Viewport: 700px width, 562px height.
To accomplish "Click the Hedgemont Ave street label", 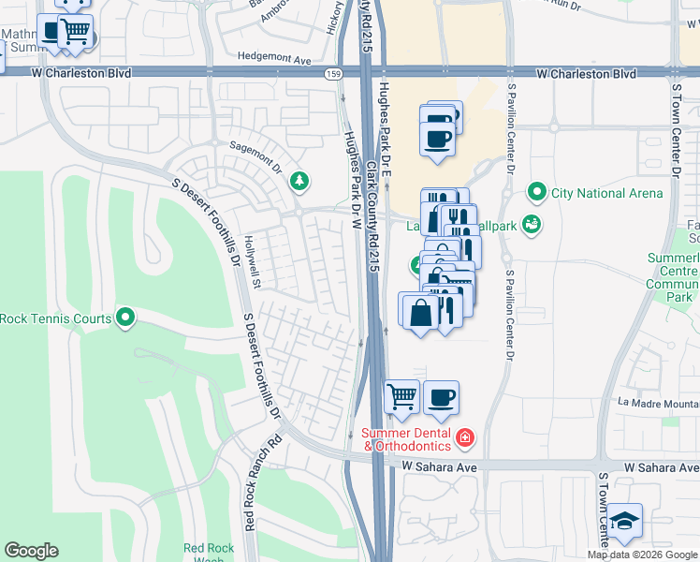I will click(x=274, y=59).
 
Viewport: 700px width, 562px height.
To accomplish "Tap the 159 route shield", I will click(x=332, y=73).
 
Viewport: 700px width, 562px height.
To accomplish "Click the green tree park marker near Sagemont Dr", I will click(x=299, y=180).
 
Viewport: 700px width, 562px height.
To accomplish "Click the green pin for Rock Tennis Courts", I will click(x=125, y=318).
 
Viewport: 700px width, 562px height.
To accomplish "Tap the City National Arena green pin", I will click(x=536, y=194).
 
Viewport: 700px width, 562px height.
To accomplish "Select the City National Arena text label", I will click(x=606, y=194).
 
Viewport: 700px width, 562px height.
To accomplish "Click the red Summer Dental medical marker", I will click(x=465, y=437).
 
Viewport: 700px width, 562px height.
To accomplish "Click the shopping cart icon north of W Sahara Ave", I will click(x=401, y=396).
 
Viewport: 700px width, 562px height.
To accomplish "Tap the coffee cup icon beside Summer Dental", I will click(x=442, y=396).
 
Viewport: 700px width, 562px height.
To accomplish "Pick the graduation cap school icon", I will click(x=624, y=522).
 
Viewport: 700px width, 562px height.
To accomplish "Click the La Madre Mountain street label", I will click(x=657, y=404).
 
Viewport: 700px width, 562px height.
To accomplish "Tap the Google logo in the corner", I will click(x=31, y=551).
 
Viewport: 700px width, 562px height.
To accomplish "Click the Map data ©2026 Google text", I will click(x=642, y=555).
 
